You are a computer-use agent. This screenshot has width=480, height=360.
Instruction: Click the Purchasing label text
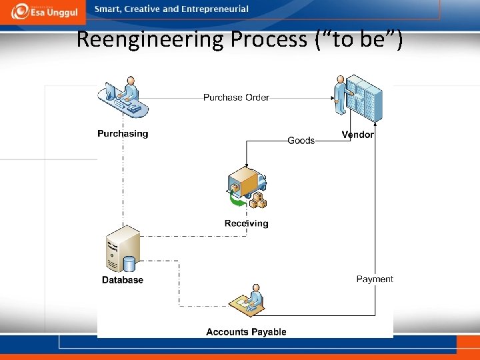click(123, 133)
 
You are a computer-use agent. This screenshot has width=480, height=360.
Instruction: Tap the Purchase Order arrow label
click(236, 97)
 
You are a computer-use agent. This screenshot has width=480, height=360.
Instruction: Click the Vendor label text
click(357, 135)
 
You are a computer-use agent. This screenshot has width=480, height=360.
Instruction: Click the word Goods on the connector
click(301, 141)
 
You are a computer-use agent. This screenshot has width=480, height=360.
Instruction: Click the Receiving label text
click(246, 223)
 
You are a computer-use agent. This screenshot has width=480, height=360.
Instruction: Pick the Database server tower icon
click(123, 249)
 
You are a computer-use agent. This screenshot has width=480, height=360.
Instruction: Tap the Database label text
click(123, 280)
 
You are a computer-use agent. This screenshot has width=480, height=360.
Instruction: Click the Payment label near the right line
click(375, 279)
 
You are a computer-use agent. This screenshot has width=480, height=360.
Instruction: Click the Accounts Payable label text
click(246, 332)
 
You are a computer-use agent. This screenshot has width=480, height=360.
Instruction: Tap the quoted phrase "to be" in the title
click(358, 39)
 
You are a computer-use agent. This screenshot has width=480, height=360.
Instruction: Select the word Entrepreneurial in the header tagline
click(215, 9)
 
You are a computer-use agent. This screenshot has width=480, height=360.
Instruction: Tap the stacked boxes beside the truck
click(257, 200)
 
